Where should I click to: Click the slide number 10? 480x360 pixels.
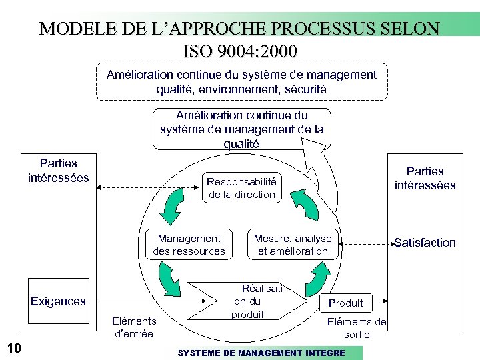[x=14, y=347]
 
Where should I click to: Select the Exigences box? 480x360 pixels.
[x=59, y=301]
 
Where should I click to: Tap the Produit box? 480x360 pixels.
[x=346, y=303]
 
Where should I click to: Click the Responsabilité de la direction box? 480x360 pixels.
[x=241, y=188]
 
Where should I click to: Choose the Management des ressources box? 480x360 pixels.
[x=189, y=245]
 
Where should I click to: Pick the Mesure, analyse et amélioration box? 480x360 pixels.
[x=293, y=245]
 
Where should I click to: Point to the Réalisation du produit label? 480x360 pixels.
[x=253, y=301]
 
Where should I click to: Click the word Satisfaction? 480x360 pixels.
[x=425, y=243]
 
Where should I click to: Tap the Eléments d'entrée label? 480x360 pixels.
[x=134, y=327]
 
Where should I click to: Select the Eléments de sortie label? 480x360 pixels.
[x=357, y=328]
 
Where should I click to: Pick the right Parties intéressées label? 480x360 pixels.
[x=425, y=178]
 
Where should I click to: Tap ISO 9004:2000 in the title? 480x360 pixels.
[x=239, y=51]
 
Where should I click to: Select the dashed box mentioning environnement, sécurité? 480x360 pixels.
[x=241, y=81]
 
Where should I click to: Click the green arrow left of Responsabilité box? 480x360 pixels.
[x=171, y=206]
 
